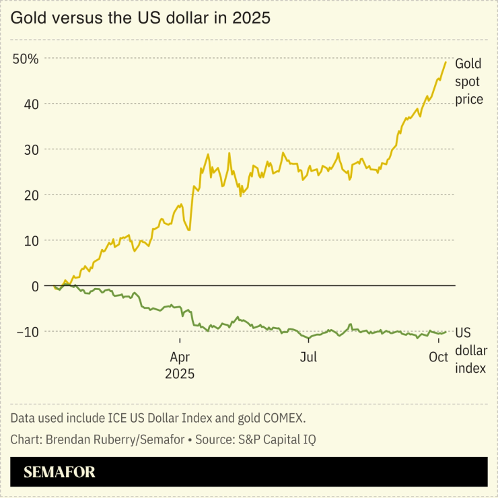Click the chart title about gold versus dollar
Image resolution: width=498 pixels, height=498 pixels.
(140, 18)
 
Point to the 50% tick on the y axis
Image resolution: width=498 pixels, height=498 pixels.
(26, 59)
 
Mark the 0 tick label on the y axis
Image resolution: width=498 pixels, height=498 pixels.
(34, 286)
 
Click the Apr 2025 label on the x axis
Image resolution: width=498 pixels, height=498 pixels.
(180, 364)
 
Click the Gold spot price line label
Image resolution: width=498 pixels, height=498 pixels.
(469, 82)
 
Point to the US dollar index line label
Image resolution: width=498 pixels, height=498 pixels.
(470, 351)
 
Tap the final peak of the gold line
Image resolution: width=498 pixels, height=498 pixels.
(446, 62)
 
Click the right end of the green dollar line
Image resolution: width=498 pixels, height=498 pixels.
(446, 332)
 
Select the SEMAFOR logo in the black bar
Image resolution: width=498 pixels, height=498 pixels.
(59, 472)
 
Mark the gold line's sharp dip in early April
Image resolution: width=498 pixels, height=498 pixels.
(189, 230)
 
